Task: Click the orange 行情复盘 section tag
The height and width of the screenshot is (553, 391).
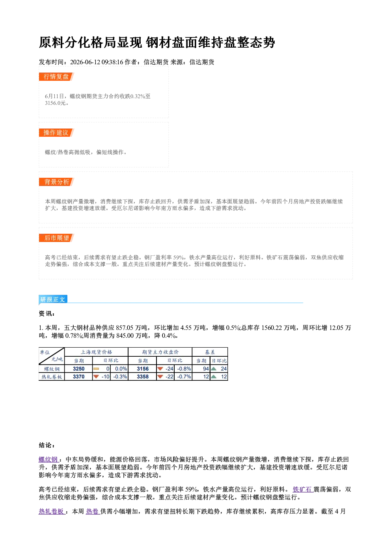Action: tap(56, 76)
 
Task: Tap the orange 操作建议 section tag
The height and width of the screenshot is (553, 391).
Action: tap(56, 132)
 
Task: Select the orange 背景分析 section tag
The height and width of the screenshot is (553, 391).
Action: tap(56, 182)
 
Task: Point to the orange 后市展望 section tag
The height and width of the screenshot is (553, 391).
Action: tap(56, 238)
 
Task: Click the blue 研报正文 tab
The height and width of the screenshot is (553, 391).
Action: tap(53, 300)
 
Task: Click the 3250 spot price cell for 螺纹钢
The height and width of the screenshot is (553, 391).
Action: tap(78, 369)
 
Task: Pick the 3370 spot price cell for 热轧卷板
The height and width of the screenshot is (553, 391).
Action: tap(78, 377)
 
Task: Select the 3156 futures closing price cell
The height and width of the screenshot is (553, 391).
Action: tap(143, 369)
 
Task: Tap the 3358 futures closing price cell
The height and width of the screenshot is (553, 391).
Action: tap(143, 377)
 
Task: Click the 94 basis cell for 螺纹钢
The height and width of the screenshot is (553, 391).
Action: tap(201, 369)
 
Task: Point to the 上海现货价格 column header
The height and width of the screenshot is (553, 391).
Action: tap(96, 352)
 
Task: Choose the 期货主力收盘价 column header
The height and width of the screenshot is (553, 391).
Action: tap(160, 352)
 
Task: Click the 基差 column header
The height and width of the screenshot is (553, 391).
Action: tap(210, 352)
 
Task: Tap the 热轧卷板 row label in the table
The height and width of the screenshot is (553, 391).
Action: tap(52, 377)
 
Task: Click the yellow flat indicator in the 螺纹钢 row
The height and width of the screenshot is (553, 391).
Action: tap(96, 369)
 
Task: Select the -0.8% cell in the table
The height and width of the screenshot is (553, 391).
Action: tap(183, 369)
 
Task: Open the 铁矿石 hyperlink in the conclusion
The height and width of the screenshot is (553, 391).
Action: tap(303, 489)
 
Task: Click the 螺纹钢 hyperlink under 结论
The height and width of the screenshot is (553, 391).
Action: tap(49, 460)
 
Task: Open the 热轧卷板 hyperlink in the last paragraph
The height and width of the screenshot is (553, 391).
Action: tap(52, 511)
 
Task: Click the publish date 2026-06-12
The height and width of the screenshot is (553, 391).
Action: tap(85, 62)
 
